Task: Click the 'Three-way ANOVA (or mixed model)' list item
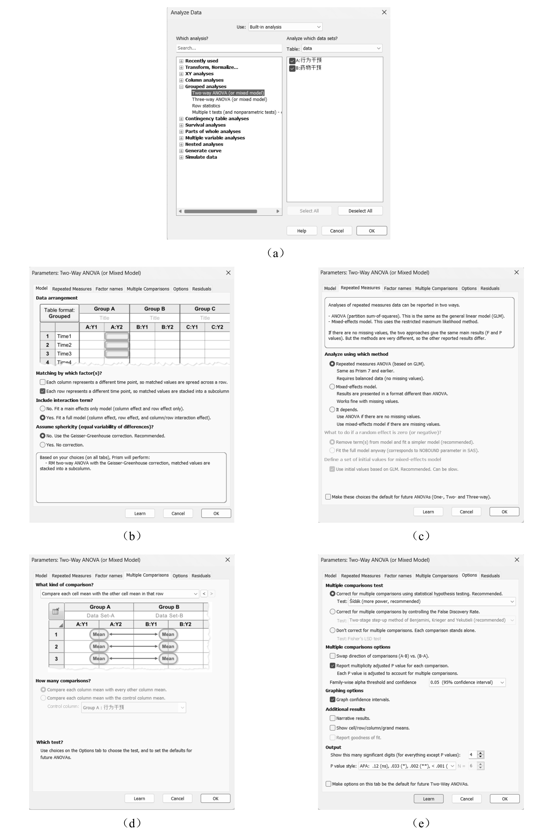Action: [x=229, y=100]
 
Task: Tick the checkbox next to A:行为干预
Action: [x=292, y=61]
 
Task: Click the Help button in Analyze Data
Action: [x=302, y=231]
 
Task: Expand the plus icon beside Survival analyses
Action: [x=181, y=125]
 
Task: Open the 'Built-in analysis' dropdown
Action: [x=285, y=27]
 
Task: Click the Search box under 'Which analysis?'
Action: [x=228, y=48]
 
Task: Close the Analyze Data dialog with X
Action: [x=384, y=12]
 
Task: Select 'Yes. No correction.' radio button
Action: [x=43, y=445]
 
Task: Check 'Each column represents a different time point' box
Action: [x=43, y=382]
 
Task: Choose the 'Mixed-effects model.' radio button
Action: [x=332, y=387]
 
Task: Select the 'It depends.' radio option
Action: [x=332, y=409]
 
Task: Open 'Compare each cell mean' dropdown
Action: [x=119, y=594]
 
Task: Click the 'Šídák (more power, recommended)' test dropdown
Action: [x=431, y=602]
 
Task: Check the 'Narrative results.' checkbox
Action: [x=332, y=718]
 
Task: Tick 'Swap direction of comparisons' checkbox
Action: [x=332, y=656]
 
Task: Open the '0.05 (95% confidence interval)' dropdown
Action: [x=467, y=682]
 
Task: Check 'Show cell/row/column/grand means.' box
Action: [x=332, y=728]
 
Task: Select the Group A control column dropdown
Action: [x=133, y=707]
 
